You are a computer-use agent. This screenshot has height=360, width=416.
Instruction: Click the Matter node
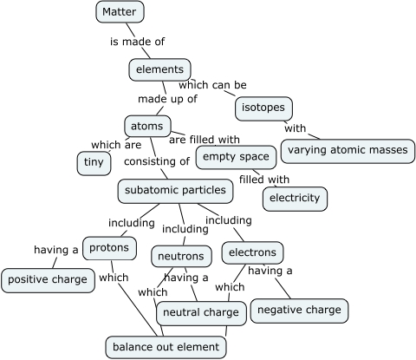[x=119, y=12]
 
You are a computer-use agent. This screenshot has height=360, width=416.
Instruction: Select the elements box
[x=159, y=69]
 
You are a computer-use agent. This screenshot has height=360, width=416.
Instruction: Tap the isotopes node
[x=264, y=108]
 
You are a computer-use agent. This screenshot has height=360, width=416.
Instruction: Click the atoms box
[x=146, y=126]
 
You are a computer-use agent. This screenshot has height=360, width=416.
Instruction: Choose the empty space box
[x=236, y=157]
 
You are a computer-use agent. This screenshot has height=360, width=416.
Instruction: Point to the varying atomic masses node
[x=347, y=150]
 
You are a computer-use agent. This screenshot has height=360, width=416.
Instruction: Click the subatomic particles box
[x=175, y=190]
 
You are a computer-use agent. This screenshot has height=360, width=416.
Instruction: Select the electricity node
[x=295, y=198]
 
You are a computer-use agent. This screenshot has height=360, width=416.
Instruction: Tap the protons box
[x=109, y=248]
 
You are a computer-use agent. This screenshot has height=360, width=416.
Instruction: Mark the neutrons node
[x=181, y=257]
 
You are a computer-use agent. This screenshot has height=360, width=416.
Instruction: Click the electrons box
[x=252, y=253]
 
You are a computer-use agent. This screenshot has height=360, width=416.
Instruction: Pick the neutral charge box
[x=201, y=312]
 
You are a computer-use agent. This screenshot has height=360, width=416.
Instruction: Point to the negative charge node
[x=299, y=310]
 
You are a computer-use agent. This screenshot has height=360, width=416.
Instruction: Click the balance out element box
[x=166, y=347]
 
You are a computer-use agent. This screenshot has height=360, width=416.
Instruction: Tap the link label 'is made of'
[x=137, y=42]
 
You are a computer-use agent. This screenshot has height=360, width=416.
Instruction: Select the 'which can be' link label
[x=212, y=85]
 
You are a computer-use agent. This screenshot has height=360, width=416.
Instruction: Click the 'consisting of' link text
[x=156, y=161]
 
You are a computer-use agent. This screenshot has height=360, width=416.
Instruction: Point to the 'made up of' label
[x=167, y=99]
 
